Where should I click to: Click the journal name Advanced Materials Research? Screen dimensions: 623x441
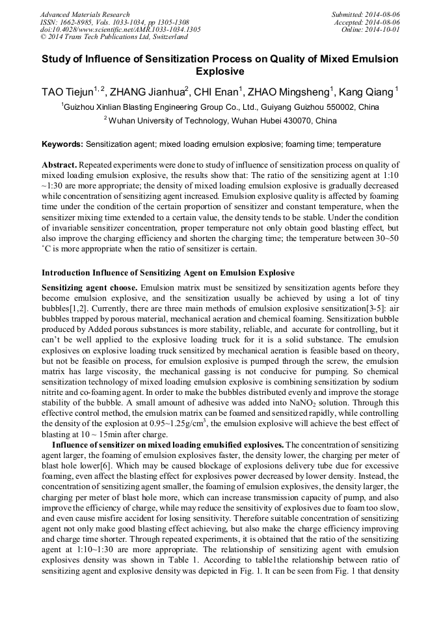pos(85,14)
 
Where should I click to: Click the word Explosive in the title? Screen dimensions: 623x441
pos(220,71)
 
